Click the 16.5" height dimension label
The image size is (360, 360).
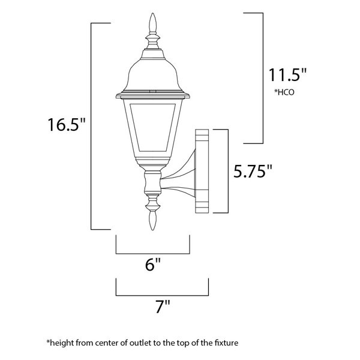[67, 124]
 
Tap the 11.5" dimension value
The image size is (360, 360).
[287, 75]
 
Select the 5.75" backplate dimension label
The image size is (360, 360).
[253, 171]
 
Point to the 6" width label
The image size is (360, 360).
[152, 264]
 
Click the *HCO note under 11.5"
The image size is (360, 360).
[284, 92]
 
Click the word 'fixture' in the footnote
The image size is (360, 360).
[226, 343]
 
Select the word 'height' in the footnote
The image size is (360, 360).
[61, 343]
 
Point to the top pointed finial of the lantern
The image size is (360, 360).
[152, 23]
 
